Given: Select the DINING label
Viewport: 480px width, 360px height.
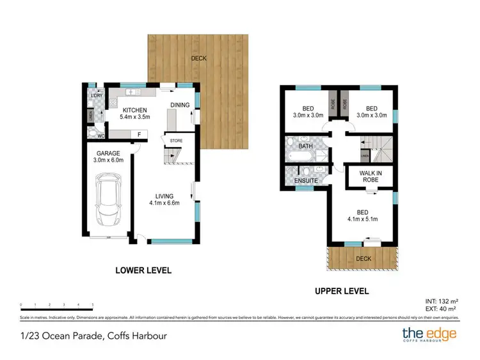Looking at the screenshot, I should click(180, 106).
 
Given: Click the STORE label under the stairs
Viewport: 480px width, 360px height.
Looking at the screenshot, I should click(175, 140).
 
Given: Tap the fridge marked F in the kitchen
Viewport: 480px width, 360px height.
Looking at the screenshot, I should click(138, 134).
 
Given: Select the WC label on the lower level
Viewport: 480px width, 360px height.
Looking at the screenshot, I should click(100, 136).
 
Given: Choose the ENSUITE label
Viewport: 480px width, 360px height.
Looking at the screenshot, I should click(306, 181).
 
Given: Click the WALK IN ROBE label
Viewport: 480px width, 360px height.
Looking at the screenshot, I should click(369, 176).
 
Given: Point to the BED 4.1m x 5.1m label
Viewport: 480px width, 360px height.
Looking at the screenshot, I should click(362, 219).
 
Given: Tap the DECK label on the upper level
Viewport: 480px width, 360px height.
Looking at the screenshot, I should click(363, 259).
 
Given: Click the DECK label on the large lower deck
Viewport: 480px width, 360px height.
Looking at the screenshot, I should click(198, 59).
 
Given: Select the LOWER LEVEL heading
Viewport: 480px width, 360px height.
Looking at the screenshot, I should click(143, 270).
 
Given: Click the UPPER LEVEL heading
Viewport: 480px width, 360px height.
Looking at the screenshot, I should click(342, 291).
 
